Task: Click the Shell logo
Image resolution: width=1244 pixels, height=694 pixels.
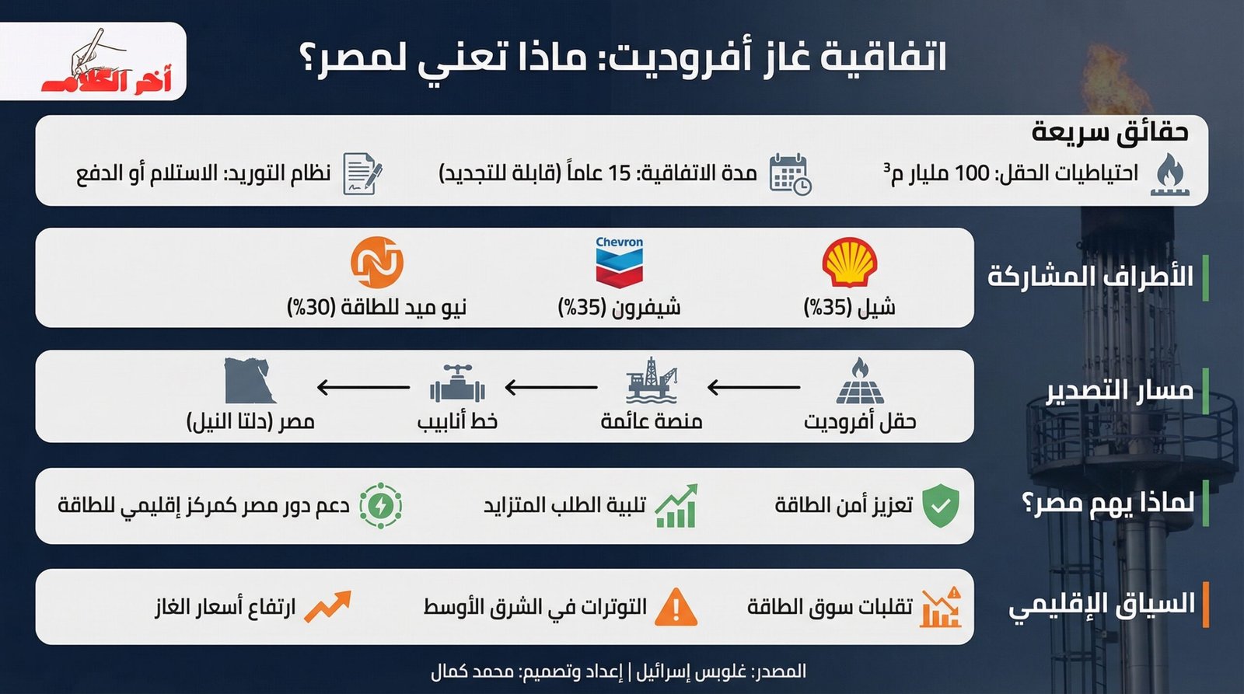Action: [x=850, y=263]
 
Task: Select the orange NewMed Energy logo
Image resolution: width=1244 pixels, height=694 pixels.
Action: [x=377, y=263]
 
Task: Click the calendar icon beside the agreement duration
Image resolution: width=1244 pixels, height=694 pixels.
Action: [x=789, y=173]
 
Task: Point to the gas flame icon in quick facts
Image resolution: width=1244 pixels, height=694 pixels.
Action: [x=1170, y=173]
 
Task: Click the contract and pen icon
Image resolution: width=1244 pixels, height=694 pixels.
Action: [x=362, y=173]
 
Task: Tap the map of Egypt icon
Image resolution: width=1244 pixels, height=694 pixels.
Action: [x=250, y=381]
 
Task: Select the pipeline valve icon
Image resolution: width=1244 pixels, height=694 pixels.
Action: [x=457, y=383]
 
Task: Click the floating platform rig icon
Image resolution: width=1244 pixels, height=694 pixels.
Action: [x=652, y=380]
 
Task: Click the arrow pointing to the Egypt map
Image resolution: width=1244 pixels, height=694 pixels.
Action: [x=363, y=386]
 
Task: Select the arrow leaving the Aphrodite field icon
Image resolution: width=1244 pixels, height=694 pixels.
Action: [x=753, y=386]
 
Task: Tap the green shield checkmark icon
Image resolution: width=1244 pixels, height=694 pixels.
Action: [x=940, y=505]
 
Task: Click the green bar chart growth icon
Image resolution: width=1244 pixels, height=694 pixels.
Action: [x=676, y=507]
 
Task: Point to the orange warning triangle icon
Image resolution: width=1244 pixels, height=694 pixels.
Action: [x=675, y=607]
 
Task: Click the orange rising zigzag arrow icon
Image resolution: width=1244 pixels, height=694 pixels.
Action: [x=327, y=606]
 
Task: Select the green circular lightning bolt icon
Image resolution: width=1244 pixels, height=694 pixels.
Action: [x=380, y=506]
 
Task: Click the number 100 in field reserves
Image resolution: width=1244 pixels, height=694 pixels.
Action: [x=971, y=173]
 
